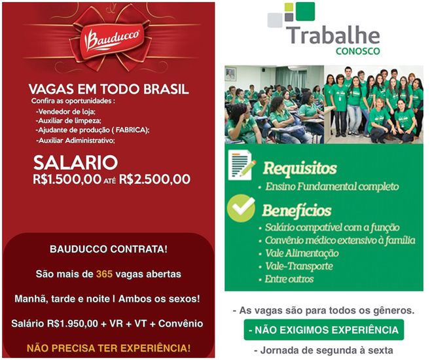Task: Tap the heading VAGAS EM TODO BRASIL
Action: coord(109,89)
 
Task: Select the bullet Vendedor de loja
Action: coord(65,111)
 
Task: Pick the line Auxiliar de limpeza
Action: coord(68,120)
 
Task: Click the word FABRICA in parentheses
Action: coord(130,130)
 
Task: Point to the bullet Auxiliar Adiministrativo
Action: coord(75,141)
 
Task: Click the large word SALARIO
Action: coord(75,162)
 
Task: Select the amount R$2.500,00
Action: coord(154,179)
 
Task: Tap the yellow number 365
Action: coord(104,274)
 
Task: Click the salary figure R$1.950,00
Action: coord(72,323)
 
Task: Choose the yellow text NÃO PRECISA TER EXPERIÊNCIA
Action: coord(109,348)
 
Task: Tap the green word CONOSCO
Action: coord(358,51)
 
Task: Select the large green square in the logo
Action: coord(305,11)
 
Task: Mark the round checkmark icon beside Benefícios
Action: coord(241,208)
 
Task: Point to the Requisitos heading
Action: coord(300,168)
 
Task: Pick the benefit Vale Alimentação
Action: coord(302,253)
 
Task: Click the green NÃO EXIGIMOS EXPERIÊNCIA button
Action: coord(324,330)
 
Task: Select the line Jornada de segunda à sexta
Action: coord(323,350)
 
